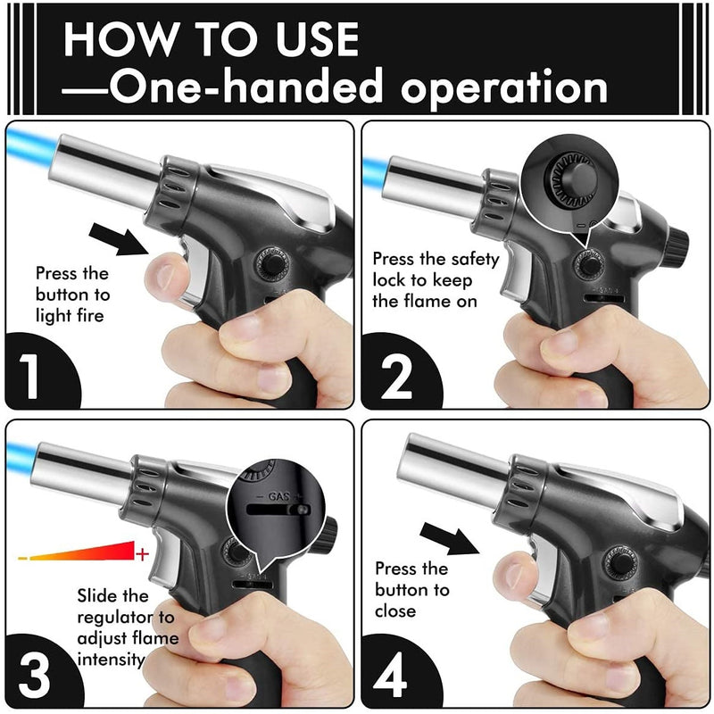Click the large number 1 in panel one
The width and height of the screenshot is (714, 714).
pyautogui.click(x=30, y=376)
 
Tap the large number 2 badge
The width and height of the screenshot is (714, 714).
pyautogui.click(x=395, y=377)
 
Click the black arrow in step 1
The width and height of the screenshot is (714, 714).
pyautogui.click(x=119, y=239)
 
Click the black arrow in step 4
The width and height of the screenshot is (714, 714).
pyautogui.click(x=450, y=539)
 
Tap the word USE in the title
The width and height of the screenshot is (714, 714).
pyautogui.click(x=317, y=39)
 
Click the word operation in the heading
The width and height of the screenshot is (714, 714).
pyautogui.click(x=504, y=87)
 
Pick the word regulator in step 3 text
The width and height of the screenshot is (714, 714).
pyautogui.click(x=116, y=618)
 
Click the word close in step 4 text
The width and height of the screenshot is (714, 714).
pyautogui.click(x=395, y=611)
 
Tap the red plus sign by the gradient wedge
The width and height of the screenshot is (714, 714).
pyautogui.click(x=143, y=553)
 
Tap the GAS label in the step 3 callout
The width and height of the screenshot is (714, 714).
pyautogui.click(x=279, y=496)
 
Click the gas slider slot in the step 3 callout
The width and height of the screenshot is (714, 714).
pyautogui.click(x=278, y=509)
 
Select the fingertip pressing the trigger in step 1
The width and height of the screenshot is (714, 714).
pyautogui.click(x=165, y=276)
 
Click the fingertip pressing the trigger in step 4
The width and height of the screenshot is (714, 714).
pyautogui.click(x=514, y=575)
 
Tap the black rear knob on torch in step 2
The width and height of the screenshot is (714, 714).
pyautogui.click(x=677, y=249)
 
